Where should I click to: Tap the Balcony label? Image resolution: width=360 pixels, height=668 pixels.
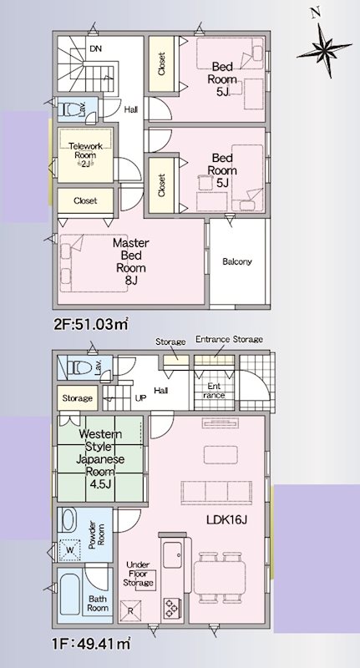pos(236,261)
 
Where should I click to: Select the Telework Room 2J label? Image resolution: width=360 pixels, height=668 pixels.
pos(84,155)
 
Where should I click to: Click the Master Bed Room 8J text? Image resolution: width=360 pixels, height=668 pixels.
pos(130,262)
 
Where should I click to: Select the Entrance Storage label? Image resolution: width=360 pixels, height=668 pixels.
pos(229,339)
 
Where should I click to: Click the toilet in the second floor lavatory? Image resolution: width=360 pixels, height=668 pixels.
pos(68,109)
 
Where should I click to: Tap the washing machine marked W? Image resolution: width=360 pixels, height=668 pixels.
pos(68,550)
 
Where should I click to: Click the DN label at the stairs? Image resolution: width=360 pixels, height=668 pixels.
pos(95,48)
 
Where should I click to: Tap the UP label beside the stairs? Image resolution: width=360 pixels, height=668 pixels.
pos(140,398)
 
